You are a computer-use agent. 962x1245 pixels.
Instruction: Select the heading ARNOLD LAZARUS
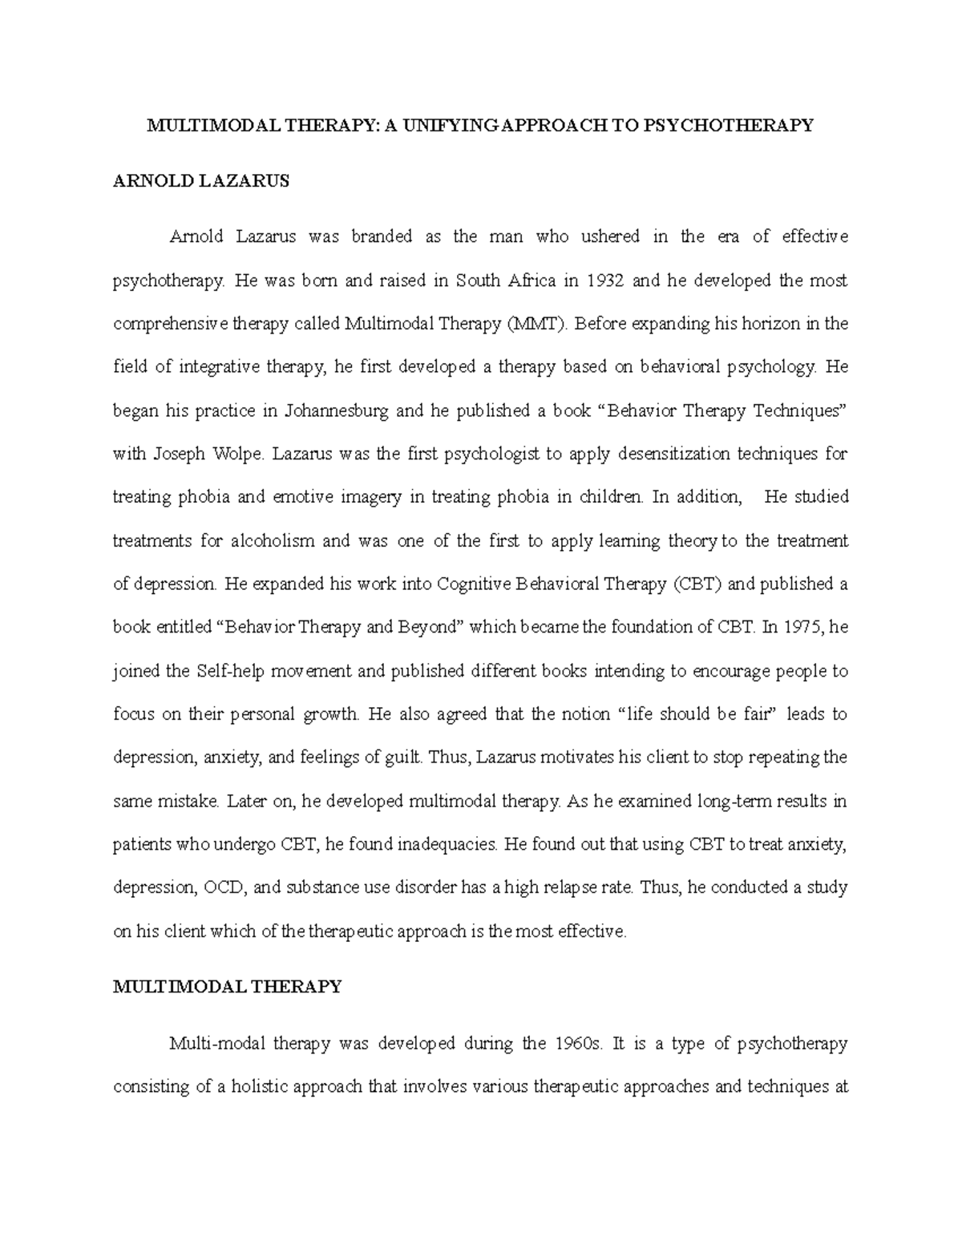[201, 181]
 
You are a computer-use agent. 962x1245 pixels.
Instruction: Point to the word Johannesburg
[337, 411]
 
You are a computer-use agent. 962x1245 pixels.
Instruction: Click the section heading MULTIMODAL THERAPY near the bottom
[228, 987]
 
